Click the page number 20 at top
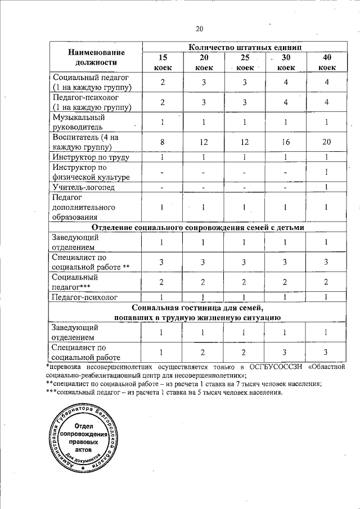tap(199, 29)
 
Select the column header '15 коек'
tap(163, 62)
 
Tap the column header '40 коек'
tap(327, 62)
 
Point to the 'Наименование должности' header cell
tap(96, 57)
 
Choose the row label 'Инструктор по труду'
tap(88, 157)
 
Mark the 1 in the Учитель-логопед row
tap(327, 187)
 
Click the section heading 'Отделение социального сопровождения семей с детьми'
tap(197, 227)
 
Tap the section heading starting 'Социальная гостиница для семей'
tap(197, 312)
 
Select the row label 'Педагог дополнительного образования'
tap(75, 207)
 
